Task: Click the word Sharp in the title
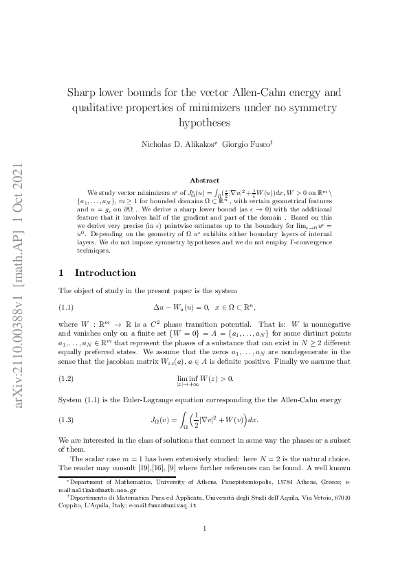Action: (x=83, y=93)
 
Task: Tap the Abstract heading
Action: (x=204, y=180)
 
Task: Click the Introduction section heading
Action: (x=105, y=273)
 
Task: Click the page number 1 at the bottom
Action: (x=204, y=528)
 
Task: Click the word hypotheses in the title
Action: (x=204, y=124)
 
